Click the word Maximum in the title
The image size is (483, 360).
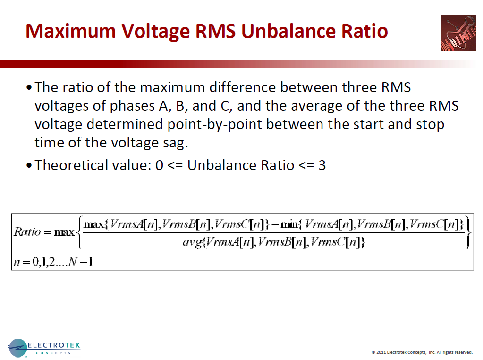pos(71,32)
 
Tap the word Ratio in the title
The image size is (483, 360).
pos(364,32)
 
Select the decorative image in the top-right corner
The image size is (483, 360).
pos(458,33)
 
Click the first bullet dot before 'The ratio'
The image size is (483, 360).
pos(30,88)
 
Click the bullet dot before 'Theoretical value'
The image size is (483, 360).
pos(30,166)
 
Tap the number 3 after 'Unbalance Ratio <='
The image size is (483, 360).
pos(322,165)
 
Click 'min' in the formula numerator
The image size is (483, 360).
pos(289,224)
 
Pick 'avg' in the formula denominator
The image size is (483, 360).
pos(191,242)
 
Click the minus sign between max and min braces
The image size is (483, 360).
pos(274,224)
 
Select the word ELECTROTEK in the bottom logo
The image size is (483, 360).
pos(54,345)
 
